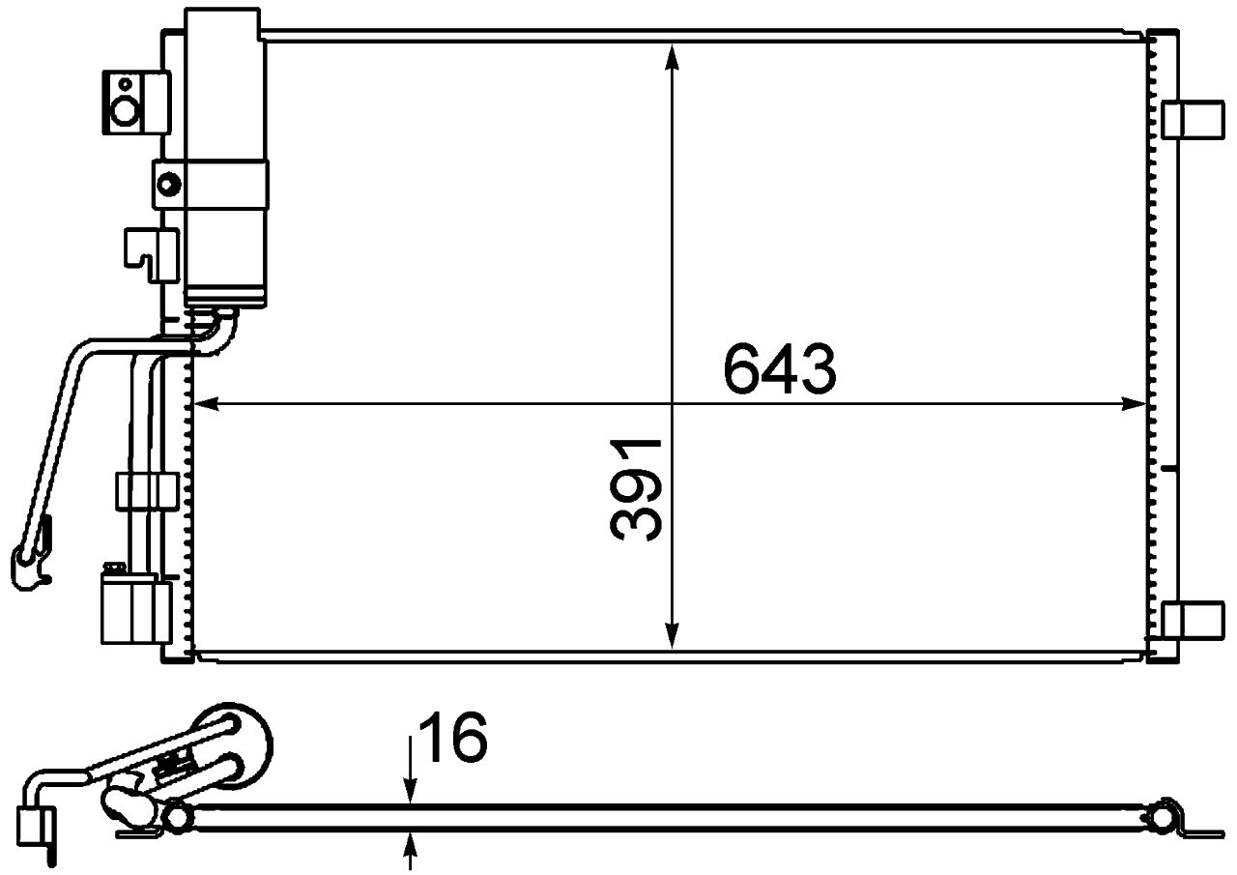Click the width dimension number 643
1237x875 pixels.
point(779,370)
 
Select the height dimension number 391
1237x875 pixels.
point(636,488)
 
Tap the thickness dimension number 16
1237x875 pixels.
point(455,739)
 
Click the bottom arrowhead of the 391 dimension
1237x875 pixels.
point(674,636)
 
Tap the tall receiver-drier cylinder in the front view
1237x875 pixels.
point(226,155)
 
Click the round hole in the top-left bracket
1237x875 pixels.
point(126,111)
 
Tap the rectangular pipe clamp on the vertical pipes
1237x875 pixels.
point(146,490)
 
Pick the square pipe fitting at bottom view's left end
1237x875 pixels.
point(35,824)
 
